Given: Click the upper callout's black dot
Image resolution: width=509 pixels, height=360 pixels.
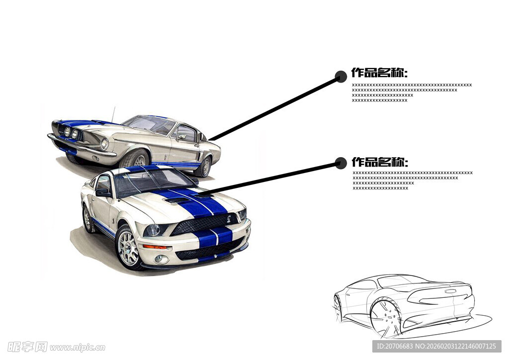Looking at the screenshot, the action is (x=340, y=77).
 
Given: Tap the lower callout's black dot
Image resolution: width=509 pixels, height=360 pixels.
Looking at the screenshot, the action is (x=340, y=163).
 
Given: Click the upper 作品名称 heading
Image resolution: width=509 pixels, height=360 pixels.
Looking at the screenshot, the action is (x=379, y=73).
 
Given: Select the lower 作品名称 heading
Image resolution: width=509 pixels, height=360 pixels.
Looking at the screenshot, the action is (x=380, y=162).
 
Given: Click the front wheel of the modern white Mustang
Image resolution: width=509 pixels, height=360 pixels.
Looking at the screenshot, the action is (x=128, y=247).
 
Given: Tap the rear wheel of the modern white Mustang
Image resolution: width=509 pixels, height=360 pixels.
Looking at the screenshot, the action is (x=87, y=219).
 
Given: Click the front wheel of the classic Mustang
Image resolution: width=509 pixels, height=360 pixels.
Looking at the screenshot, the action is (x=137, y=160).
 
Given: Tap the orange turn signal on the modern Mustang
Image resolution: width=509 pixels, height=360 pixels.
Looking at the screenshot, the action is (x=154, y=247).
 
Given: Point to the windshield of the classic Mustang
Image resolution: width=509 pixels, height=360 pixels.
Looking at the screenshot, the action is (x=150, y=124).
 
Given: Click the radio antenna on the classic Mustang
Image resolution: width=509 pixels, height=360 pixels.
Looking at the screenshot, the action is (x=113, y=114).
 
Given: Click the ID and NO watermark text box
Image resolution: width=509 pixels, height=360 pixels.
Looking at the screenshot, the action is (x=436, y=346).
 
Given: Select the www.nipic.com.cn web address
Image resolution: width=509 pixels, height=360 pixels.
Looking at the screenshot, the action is (x=77, y=348).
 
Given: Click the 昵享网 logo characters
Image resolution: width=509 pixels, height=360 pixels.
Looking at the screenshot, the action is (x=27, y=347).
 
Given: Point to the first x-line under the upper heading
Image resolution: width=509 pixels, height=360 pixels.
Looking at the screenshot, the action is (x=412, y=85).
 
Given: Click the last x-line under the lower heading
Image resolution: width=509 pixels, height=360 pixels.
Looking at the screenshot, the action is (x=380, y=188).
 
